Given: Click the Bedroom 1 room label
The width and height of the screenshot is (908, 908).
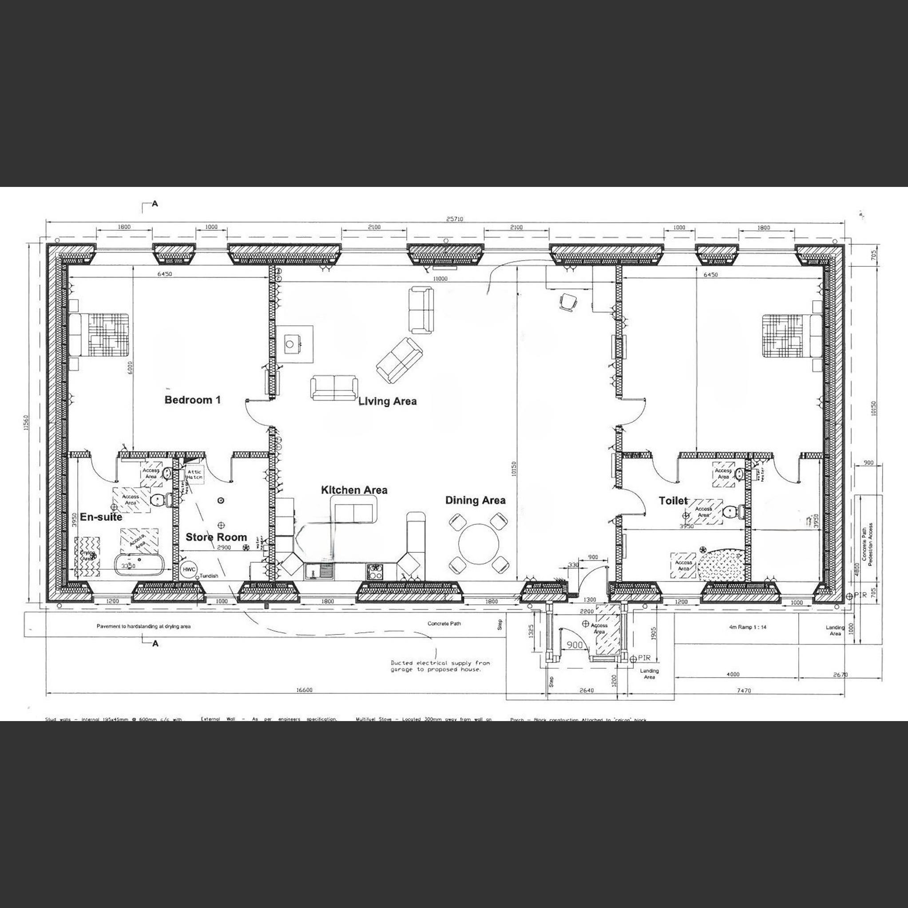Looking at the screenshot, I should pos(192,400).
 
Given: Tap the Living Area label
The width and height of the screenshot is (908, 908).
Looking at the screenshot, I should pos(387,401).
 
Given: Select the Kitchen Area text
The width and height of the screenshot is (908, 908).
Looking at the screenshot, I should pos(354,490).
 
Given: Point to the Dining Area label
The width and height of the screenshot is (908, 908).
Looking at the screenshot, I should pos(475,500).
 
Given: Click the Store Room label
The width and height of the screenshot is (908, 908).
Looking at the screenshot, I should pos(216,537).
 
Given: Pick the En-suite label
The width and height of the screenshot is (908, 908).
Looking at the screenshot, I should pos(101,517).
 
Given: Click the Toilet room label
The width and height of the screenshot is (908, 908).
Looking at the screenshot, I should pos(673,501).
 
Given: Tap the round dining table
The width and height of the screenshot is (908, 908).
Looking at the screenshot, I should pos(479,546).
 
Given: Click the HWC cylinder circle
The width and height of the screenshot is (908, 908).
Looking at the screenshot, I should pos(189,569).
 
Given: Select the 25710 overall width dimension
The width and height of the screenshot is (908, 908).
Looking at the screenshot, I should pos(455,219).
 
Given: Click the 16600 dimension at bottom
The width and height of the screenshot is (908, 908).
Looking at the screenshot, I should pos(304,690).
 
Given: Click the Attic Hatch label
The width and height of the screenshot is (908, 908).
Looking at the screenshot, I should pos(194,474).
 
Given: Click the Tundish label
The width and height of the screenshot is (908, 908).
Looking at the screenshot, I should pos(209,576).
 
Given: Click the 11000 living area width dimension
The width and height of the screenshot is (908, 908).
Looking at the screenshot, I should pos(440,279).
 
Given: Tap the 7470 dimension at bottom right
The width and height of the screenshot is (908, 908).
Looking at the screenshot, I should pos(744,690).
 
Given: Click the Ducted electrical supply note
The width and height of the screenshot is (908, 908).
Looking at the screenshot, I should pos(440,666).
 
